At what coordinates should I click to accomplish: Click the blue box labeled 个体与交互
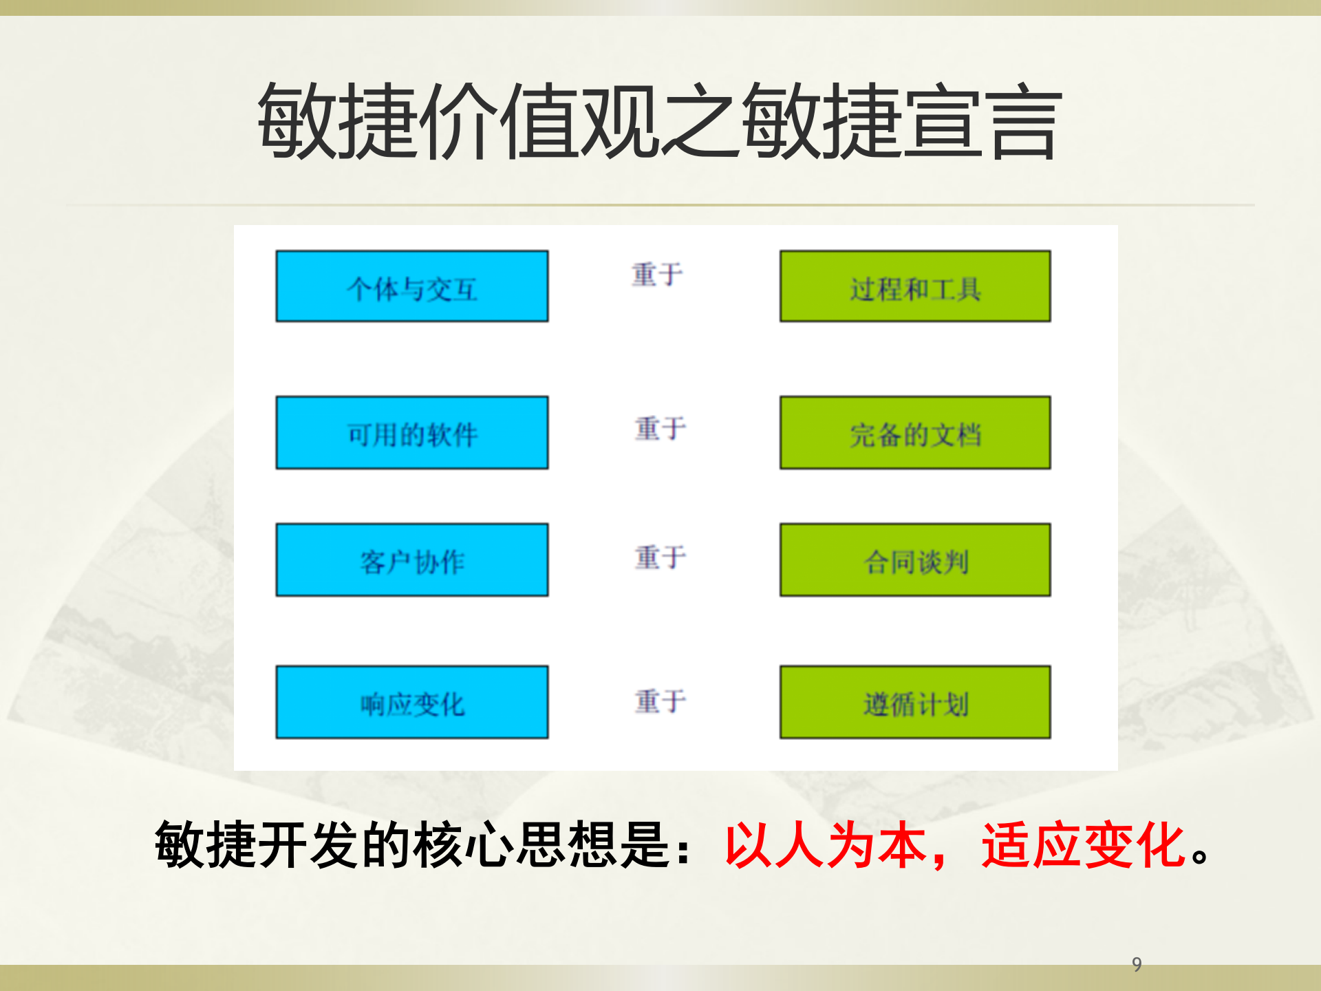pos(412,286)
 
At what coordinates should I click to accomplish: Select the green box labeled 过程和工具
pos(915,286)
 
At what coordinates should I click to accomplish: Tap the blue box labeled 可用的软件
pos(412,433)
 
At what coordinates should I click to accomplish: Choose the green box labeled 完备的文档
pos(915,433)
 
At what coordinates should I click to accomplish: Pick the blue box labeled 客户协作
pos(412,560)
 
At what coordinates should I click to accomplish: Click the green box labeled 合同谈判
pos(915,560)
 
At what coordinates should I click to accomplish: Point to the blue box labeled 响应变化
pos(412,702)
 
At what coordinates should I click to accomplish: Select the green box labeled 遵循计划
pos(915,702)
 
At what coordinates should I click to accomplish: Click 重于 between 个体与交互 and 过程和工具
pos(658,275)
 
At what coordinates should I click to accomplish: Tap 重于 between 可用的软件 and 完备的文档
pos(660,428)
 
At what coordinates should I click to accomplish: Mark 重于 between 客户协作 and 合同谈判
pos(660,557)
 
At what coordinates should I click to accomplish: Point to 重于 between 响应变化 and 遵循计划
pos(660,701)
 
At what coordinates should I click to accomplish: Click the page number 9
pos(1137,964)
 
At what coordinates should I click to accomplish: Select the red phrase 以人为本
pos(826,845)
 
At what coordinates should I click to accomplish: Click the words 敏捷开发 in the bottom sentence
pos(257,845)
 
